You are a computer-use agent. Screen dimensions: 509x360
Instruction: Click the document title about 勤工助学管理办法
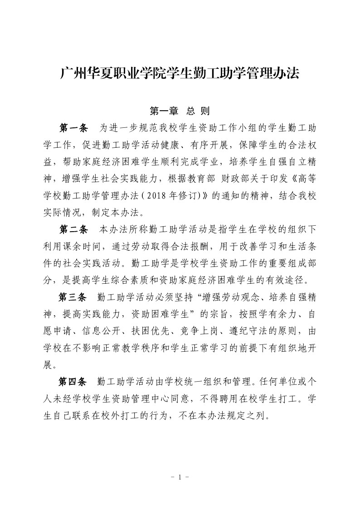click(x=180, y=74)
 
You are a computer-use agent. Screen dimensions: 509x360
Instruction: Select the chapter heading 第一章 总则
click(x=180, y=111)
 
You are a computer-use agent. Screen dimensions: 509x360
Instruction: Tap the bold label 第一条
click(x=73, y=127)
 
